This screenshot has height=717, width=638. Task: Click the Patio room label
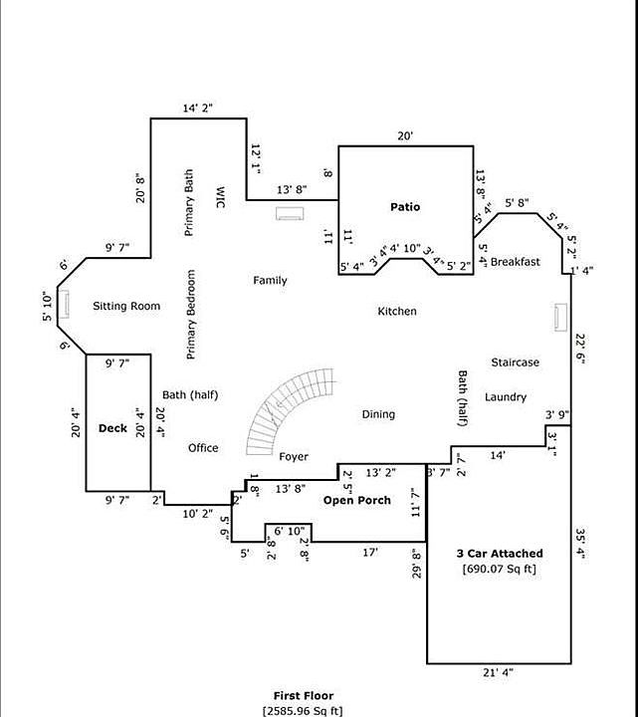[404, 207]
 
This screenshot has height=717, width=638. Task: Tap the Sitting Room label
[126, 306]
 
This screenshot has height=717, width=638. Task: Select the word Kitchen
[396, 312]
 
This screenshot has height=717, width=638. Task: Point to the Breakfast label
[515, 262]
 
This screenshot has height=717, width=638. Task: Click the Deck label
[111, 428]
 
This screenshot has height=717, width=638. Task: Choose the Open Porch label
[356, 500]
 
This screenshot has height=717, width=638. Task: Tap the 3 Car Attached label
[500, 554]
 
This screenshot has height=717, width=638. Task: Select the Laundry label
[506, 397]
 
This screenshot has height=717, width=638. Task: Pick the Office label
[203, 448]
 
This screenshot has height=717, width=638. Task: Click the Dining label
[378, 414]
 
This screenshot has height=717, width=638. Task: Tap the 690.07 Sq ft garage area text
[500, 570]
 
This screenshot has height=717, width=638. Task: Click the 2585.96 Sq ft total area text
[304, 710]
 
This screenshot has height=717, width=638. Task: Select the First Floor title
[304, 695]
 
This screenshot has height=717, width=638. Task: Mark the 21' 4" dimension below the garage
[498, 673]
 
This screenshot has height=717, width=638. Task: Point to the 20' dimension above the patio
[405, 136]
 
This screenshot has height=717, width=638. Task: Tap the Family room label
[270, 281]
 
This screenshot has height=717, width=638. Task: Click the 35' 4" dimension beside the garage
[581, 548]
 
